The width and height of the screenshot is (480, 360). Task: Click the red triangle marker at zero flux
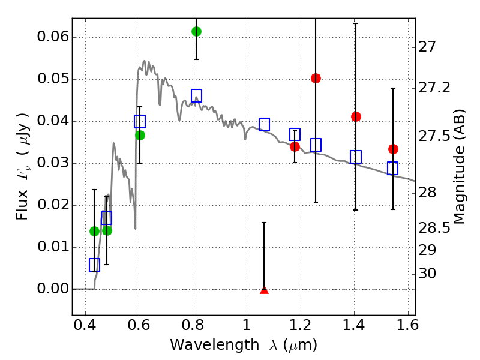[x=264, y=290]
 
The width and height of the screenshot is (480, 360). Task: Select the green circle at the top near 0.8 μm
[x=196, y=31]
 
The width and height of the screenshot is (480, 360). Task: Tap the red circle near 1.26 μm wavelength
[x=316, y=78]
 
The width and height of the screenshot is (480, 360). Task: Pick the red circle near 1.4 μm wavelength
[x=356, y=116]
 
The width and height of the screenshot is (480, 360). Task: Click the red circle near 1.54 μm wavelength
[x=393, y=149]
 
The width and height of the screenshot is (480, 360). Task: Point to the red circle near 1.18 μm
[x=295, y=146]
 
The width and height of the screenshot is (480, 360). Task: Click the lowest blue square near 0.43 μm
[x=94, y=265]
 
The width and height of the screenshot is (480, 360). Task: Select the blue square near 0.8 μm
[x=196, y=95]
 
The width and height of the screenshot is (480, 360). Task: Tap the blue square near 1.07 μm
[x=264, y=124]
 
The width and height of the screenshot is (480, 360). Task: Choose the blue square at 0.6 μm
[x=140, y=122]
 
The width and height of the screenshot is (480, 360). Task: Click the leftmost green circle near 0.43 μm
[x=94, y=231]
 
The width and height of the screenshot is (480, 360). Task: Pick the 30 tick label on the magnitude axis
[x=430, y=274]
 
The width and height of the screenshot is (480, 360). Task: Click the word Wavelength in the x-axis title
[x=205, y=345]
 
